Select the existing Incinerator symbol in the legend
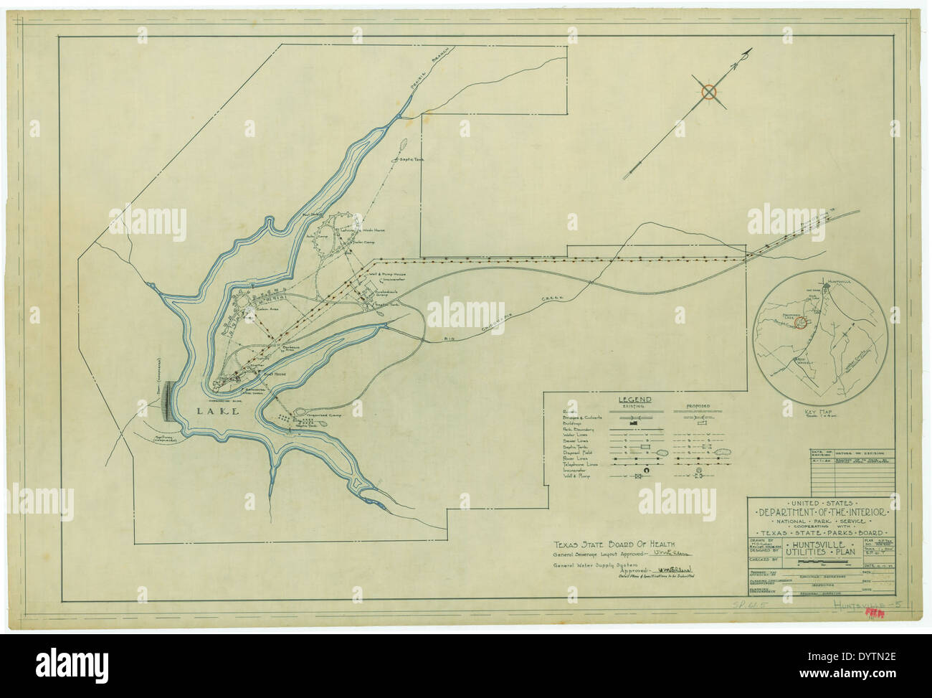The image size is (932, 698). coord(634,471)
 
